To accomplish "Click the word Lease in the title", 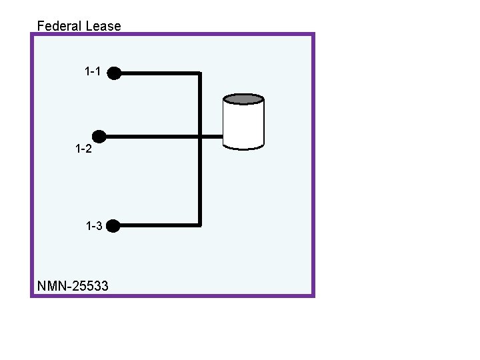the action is [x=103, y=26].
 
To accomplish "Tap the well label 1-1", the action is [x=93, y=71].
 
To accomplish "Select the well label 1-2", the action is [x=83, y=149].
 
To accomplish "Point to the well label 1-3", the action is [x=94, y=226].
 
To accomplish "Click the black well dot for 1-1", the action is [x=114, y=73].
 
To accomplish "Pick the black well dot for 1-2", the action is [x=99, y=137].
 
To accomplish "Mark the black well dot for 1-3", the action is [x=113, y=226].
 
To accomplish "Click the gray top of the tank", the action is [x=243, y=99].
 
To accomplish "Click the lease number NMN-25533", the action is [x=73, y=287].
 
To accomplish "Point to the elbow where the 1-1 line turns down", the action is [x=199, y=73].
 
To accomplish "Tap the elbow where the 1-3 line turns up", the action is [x=199, y=225].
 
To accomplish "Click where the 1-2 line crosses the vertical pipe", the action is [x=199, y=137].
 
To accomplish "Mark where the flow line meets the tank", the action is [x=223, y=137].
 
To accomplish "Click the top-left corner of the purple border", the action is [x=31, y=34].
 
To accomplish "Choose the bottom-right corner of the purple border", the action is [x=313, y=295].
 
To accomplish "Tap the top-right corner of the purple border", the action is [x=313, y=34].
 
